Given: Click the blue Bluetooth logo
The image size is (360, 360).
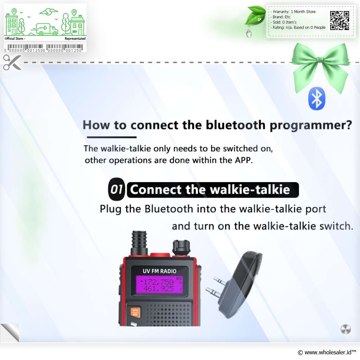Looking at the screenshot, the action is tap(317, 99).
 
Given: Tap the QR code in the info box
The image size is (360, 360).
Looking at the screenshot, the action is tap(340, 20).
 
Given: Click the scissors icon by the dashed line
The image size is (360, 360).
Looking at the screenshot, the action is tap(12, 62).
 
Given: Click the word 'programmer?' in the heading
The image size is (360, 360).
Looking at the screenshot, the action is tap(311, 126).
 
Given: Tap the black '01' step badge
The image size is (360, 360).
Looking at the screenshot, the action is tap(116, 189).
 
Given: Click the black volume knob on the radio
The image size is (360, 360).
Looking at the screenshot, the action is tap(181, 248).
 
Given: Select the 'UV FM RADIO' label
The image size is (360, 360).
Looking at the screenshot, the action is tap(160, 271).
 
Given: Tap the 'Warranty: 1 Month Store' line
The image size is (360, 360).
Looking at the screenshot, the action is tap(294, 12).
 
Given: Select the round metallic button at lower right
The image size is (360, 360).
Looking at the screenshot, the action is tap(346, 329).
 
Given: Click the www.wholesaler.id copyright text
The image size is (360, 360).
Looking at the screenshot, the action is tap(327, 352).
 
